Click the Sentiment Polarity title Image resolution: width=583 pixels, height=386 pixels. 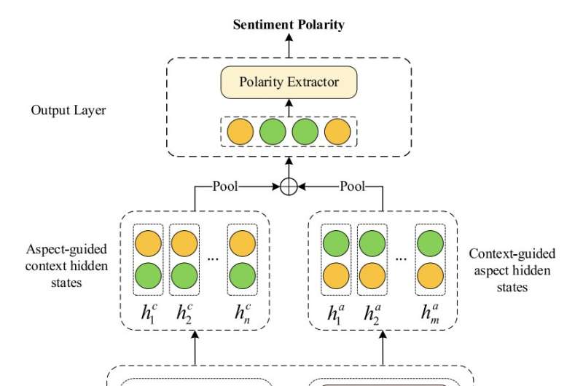click(x=289, y=25)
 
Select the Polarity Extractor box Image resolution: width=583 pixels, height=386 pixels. click(x=289, y=82)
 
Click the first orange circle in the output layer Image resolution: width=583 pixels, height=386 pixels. click(x=240, y=131)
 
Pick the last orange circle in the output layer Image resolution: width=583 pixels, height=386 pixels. click(x=337, y=131)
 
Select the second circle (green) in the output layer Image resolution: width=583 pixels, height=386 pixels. click(x=273, y=131)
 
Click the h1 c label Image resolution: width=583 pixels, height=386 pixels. click(x=150, y=313)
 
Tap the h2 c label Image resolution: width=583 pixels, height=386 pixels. click(x=184, y=313)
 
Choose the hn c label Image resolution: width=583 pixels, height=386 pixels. click(x=241, y=313)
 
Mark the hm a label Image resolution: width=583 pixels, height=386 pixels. click(x=430, y=313)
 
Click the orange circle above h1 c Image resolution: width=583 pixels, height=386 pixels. click(x=149, y=242)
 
